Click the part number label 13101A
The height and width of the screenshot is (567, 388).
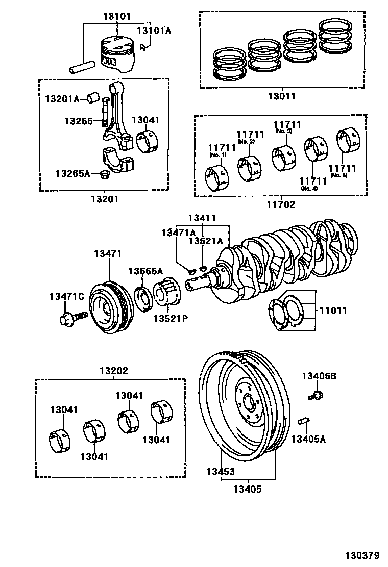(154, 31)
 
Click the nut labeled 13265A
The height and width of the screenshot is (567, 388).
(106, 175)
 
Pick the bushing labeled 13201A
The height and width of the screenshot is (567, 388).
(92, 96)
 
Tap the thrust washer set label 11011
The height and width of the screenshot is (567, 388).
(333, 310)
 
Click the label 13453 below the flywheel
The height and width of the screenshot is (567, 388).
(221, 472)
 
